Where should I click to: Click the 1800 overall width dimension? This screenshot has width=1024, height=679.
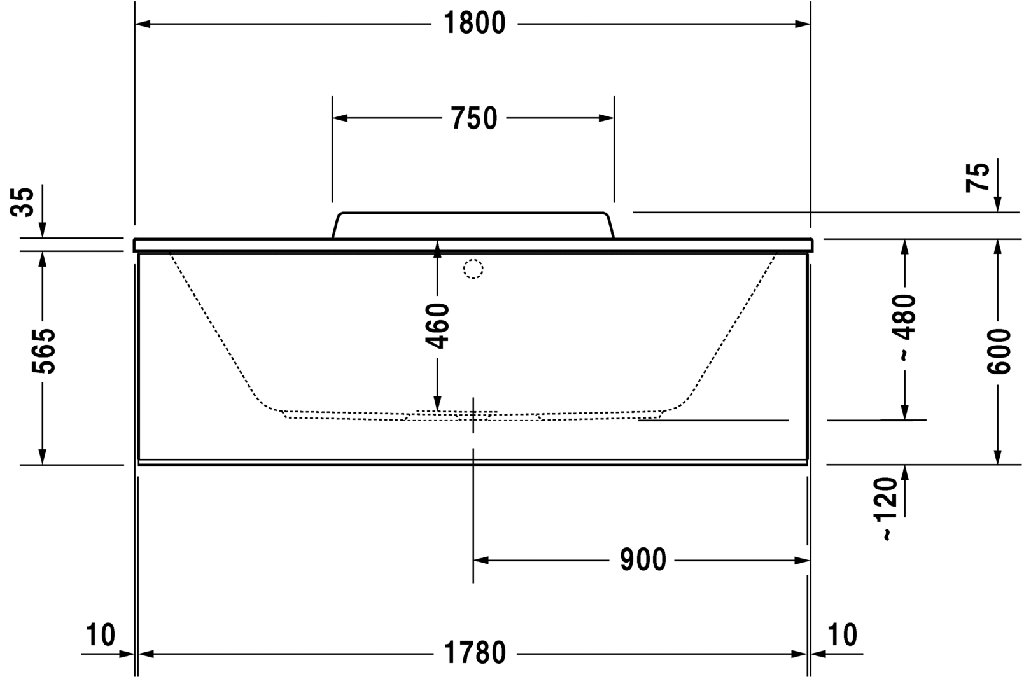point(474,24)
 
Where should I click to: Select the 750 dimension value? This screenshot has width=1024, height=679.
point(473,118)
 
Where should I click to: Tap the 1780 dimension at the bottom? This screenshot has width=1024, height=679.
point(474,653)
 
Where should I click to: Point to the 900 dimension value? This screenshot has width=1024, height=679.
point(643,560)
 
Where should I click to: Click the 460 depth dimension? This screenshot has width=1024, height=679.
point(437,326)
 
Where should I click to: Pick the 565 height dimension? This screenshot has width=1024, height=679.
point(43,351)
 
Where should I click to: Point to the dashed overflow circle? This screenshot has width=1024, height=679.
point(473,269)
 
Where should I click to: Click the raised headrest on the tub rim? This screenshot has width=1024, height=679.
point(472,225)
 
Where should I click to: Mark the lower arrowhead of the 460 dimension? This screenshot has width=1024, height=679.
point(437,403)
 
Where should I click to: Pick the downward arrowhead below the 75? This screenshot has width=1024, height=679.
point(998,205)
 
